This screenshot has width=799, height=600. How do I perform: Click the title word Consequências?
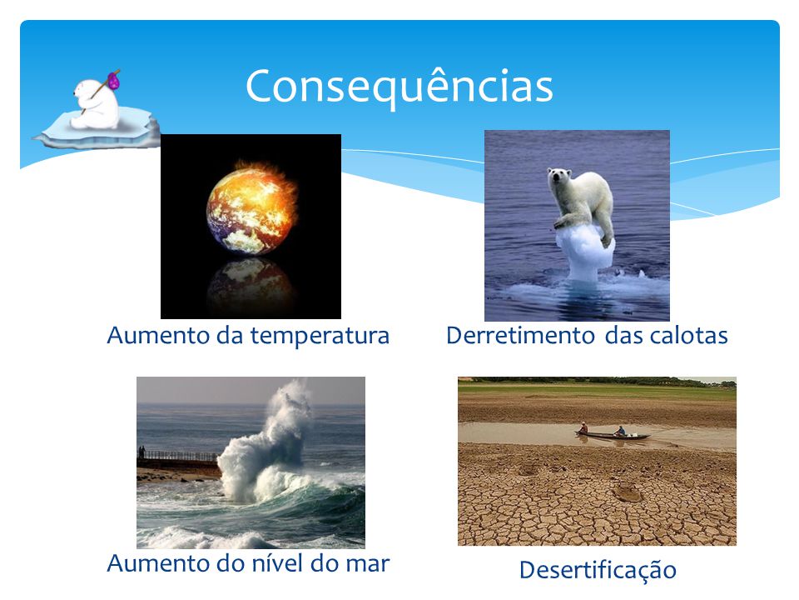tap(399, 87)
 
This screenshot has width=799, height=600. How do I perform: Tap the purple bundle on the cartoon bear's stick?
tap(113, 80)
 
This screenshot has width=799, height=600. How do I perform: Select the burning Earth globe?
tap(251, 207)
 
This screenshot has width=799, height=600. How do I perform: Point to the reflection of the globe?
tap(251, 283)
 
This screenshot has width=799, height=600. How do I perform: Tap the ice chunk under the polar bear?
tap(585, 253)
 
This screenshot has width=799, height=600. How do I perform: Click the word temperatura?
tap(320, 336)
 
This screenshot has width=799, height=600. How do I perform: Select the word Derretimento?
tap(520, 336)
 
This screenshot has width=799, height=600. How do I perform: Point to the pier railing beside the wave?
tap(178, 455)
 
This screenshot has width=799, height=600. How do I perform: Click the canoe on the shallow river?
tap(613, 435)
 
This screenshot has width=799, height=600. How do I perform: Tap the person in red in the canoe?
tap(583, 427)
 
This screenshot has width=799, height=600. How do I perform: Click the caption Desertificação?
tap(598, 570)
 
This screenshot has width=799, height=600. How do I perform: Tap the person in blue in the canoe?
tap(619, 431)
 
